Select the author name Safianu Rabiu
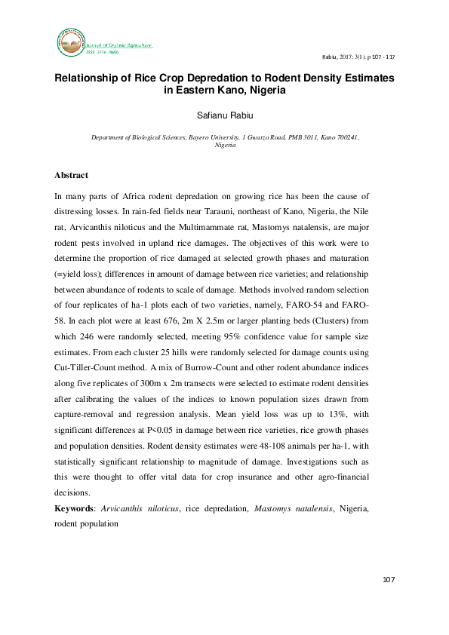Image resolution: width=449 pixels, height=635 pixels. (224, 115)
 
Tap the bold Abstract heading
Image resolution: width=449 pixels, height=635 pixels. (71, 175)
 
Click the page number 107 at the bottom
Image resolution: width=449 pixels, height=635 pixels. (389, 579)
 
